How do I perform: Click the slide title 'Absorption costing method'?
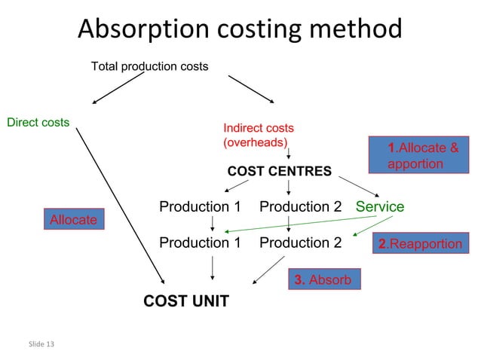tap(240, 29)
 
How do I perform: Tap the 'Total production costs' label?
tap(149, 67)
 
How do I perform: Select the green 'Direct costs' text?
tap(38, 122)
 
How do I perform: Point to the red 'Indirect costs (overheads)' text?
tap(258, 135)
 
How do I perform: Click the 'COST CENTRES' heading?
tap(279, 172)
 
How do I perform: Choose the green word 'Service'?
tap(380, 206)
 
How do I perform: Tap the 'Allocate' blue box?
tap(73, 219)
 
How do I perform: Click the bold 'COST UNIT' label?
tap(186, 302)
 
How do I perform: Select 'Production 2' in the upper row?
tap(300, 206)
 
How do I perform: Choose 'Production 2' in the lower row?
tap(300, 243)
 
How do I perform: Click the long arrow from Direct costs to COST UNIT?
tap(121, 203)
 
